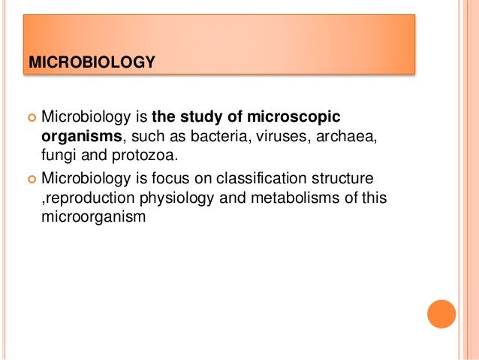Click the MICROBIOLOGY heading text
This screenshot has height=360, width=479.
91,60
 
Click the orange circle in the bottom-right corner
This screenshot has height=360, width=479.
441,313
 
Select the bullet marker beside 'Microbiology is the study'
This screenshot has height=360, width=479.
31,118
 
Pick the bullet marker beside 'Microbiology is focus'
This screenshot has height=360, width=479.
31,180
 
